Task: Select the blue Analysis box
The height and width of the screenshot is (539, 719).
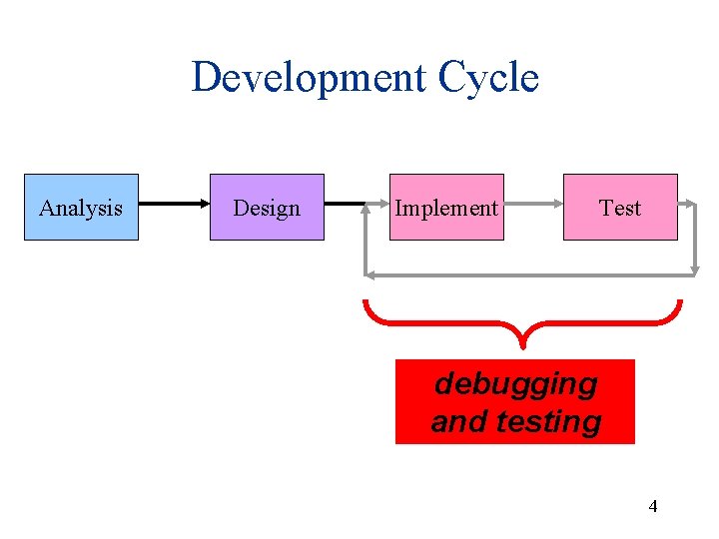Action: tap(81, 207)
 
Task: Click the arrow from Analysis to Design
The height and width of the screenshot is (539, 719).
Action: tap(174, 207)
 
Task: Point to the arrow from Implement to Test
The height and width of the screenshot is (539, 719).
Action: tap(533, 207)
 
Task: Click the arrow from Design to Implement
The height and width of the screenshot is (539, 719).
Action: tap(346, 207)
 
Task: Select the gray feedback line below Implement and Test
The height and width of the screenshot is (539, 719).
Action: tap(529, 272)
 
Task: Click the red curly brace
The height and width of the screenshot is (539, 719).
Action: tap(439, 321)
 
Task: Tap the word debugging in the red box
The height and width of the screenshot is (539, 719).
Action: tap(516, 383)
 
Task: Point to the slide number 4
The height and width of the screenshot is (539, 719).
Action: tap(653, 506)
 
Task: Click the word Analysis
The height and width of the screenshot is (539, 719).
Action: tap(81, 208)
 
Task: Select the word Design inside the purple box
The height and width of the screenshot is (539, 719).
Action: tap(267, 208)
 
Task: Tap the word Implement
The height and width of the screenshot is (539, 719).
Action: tap(446, 208)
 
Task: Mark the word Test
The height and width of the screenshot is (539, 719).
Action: tap(620, 208)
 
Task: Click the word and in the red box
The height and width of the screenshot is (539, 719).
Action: tap(456, 421)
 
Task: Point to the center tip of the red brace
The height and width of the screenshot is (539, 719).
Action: tap(522, 345)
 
